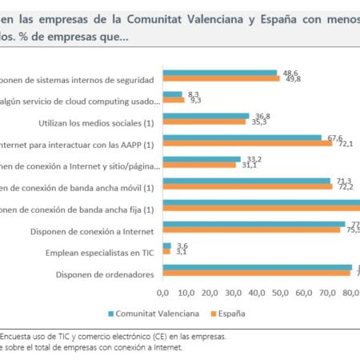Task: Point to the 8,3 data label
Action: tap(193, 94)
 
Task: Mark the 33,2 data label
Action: tap(255, 159)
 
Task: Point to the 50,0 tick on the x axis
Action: tap(280, 293)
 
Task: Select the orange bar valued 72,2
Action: tap(247, 186)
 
